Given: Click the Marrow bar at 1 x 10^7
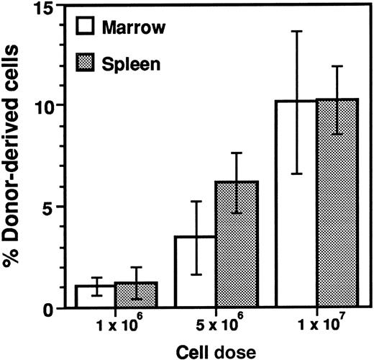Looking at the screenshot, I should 295,204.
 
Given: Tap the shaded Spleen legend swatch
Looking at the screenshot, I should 85,63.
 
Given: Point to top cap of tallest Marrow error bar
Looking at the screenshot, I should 295,32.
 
